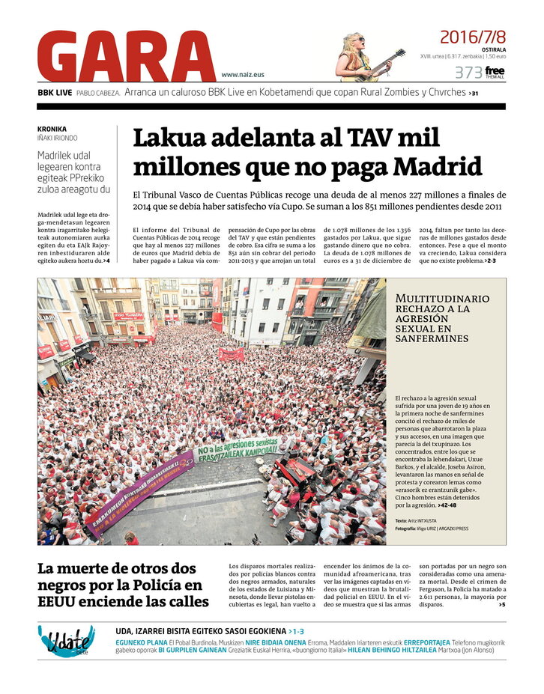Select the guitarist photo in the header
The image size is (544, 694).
click(x=362, y=57)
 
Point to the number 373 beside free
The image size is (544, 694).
click(x=468, y=73)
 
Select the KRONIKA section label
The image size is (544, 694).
click(x=52, y=128)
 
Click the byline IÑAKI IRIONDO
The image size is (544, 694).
click(x=58, y=138)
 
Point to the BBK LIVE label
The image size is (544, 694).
click(x=55, y=93)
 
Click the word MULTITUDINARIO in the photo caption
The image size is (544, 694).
click(x=443, y=299)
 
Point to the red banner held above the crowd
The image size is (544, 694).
click(x=231, y=354)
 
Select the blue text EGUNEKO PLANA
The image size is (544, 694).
click(x=142, y=642)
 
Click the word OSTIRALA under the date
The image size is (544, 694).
click(x=492, y=49)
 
